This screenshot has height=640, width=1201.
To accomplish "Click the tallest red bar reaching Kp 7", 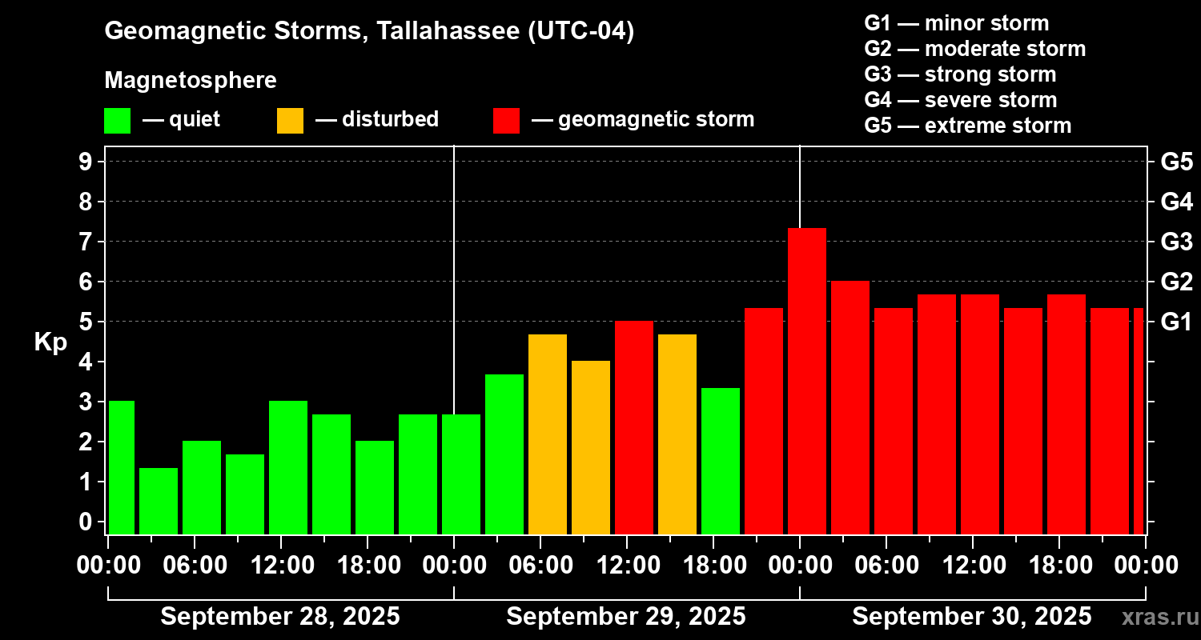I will coord(806,381).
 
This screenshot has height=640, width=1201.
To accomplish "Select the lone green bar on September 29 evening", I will coord(720,461).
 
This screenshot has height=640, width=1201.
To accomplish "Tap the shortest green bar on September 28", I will coord(158,501).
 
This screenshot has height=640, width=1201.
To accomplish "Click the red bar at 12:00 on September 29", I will coord(633,427).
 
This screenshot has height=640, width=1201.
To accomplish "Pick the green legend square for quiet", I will coord(117,120).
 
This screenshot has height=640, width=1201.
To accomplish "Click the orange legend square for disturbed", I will coord(290,120).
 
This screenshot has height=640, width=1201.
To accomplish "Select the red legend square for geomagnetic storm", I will coord(506,120).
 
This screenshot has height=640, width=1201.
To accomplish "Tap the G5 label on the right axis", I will coord(1176,162).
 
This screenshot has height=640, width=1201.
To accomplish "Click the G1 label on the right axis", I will coord(1176,322).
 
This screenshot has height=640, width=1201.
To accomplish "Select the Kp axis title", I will coord(50,342).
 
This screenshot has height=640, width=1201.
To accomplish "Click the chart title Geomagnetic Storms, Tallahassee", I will coord(369,32).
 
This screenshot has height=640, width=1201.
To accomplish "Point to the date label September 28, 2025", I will coord(280,617).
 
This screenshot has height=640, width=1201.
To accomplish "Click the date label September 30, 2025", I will coord(971,617).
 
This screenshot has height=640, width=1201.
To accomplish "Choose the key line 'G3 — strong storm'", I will coord(960,74).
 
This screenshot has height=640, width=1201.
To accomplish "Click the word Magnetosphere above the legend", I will coord(191,81).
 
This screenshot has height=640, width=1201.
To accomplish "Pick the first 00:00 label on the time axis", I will coord(108,565).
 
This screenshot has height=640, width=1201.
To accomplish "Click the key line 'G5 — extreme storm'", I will coord(967,126).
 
